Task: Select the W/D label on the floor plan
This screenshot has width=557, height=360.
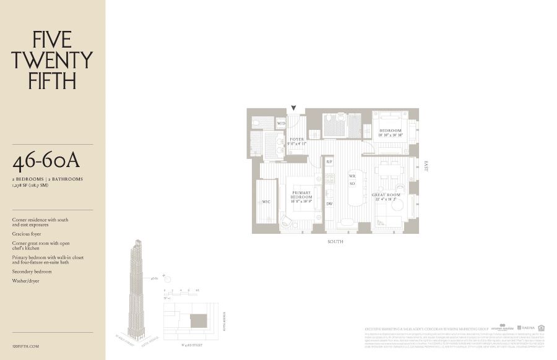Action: tap(281, 124)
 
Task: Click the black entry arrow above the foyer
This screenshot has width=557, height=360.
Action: tap(294, 109)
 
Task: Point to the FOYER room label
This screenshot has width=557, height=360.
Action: tap(297, 140)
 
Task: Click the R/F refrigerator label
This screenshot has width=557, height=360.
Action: tap(330, 161)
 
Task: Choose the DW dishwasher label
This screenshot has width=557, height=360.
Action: tap(330, 204)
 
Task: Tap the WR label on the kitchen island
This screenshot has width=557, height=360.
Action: tap(352, 177)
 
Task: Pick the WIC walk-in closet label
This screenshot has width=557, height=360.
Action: tap(266, 202)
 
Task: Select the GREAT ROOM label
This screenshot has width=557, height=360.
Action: tap(386, 195)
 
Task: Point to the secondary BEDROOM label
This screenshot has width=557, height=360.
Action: tap(391, 131)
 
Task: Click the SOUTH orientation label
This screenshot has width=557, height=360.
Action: tap(335, 242)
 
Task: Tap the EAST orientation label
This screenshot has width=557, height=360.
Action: tap(426, 166)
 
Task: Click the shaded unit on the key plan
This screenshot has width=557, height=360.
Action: tap(197, 321)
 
